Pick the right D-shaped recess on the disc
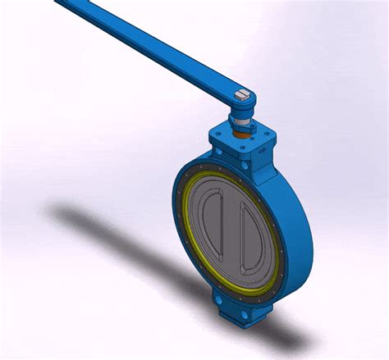[252, 239]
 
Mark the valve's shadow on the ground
[123, 246]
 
